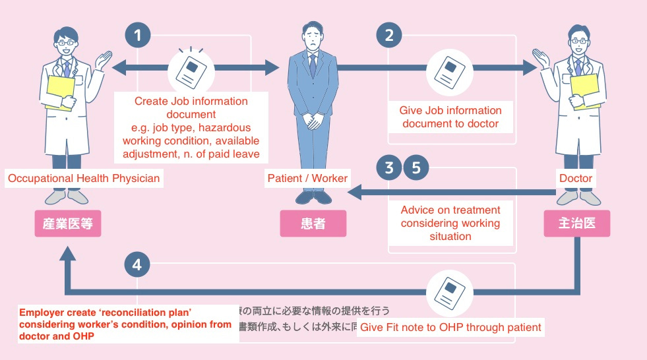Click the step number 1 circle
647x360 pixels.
click(x=137, y=36)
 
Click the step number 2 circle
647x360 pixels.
click(x=389, y=36)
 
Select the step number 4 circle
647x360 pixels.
click(x=137, y=265)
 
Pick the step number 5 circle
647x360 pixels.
click(x=416, y=168)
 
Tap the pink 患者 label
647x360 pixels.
click(x=313, y=224)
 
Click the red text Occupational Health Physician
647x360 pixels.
click(x=83, y=178)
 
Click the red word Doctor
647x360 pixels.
click(x=576, y=178)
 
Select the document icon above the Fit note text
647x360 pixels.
click(x=450, y=290)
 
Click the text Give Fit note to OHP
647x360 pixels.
click(x=451, y=327)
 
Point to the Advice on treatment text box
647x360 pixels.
click(x=450, y=223)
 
